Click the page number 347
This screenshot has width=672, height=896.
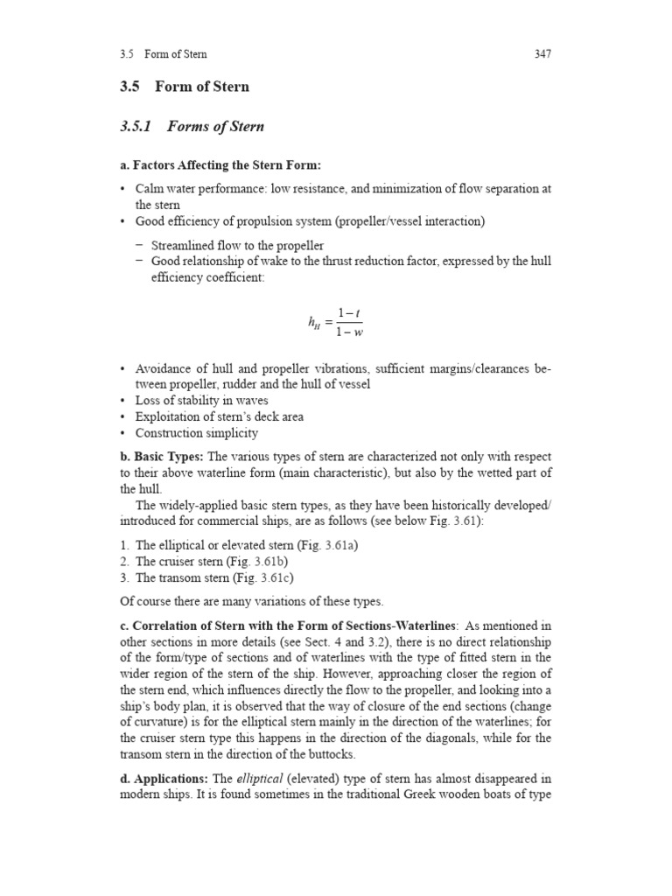tap(542, 54)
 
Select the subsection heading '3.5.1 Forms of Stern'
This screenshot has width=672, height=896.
tap(191, 127)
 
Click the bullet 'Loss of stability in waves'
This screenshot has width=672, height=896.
tap(201, 401)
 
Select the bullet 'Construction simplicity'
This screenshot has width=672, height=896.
tap(196, 433)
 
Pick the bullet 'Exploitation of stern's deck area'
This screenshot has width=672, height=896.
tap(219, 417)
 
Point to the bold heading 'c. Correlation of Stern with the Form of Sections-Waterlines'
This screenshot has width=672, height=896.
tap(288, 626)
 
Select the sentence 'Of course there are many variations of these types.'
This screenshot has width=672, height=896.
tap(251, 601)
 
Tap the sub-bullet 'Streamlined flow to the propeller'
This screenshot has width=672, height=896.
tap(237, 245)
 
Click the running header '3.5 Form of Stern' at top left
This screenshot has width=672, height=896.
tap(164, 54)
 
